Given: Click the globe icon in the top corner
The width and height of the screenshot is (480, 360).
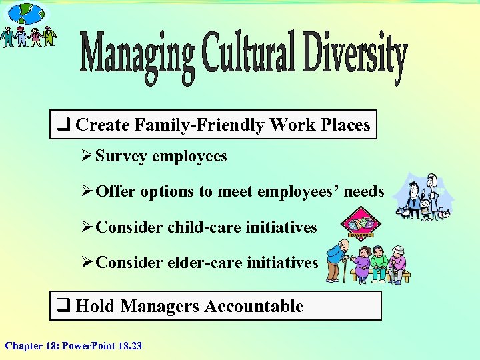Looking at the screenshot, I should pos(27,13).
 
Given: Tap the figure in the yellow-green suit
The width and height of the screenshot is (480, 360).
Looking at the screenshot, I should pos(49,36).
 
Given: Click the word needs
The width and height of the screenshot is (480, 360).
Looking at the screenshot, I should pos(365,192).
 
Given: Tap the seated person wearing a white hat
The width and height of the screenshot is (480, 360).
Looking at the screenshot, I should pos(398,262).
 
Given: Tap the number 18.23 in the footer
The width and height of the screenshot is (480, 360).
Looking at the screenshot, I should pos(127,346).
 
